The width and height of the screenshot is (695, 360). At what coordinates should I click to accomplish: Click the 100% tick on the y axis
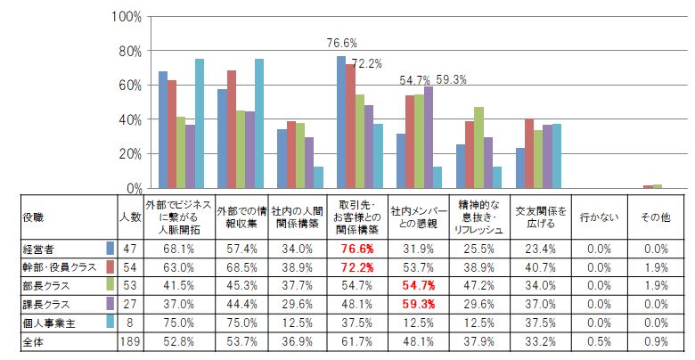127,17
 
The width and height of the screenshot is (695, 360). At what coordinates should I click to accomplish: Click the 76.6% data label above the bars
342,42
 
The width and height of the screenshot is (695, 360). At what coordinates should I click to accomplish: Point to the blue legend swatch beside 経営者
110,248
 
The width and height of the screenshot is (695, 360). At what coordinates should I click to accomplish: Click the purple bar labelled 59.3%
429,137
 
